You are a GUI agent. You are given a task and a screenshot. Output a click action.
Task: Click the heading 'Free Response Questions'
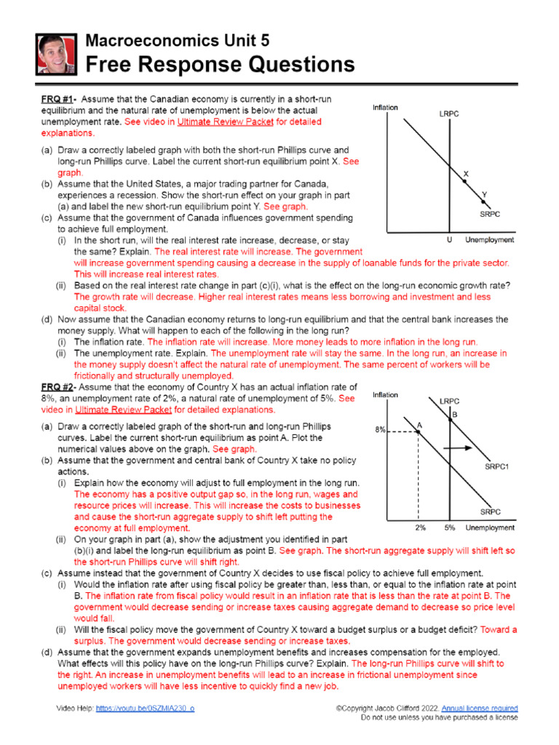pos(221,65)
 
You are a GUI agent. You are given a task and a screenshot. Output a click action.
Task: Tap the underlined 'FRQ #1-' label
pos(60,99)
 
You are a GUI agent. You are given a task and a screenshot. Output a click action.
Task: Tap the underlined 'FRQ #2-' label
pos(60,387)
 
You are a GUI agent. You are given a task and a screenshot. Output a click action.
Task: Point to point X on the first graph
pos(467,174)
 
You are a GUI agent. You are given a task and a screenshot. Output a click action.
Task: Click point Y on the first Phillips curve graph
pos(484,195)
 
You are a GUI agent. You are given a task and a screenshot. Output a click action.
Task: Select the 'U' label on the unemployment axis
pos(449,240)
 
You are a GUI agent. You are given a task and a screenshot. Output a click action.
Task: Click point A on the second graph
pos(419,424)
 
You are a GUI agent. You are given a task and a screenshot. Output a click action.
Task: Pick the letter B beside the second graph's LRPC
pos(454,414)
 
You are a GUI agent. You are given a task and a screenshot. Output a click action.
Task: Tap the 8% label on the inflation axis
pos(380,430)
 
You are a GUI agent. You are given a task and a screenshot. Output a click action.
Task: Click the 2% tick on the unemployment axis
pos(420,527)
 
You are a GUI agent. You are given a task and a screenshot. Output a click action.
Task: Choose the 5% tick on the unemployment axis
pos(450,527)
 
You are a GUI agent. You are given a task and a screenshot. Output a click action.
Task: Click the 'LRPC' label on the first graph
pos(449,114)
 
